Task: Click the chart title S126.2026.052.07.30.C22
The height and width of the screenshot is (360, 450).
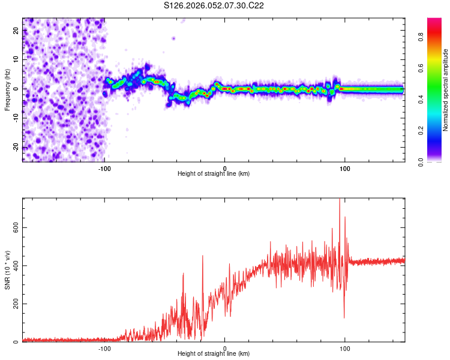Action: [x=214, y=5]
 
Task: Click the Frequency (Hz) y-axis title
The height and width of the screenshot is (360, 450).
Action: [x=7, y=89]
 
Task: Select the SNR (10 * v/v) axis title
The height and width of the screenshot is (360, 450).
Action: [x=7, y=270]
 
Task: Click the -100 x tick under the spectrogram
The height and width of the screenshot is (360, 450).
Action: [x=104, y=169]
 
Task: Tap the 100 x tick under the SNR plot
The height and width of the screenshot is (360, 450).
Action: [x=345, y=349]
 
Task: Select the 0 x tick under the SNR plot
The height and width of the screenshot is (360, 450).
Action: [x=225, y=349]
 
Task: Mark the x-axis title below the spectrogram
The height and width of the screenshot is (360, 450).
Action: [x=214, y=174]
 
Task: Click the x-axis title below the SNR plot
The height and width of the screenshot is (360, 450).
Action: [x=214, y=354]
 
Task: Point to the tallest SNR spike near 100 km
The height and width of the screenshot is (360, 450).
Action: [x=340, y=200]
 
